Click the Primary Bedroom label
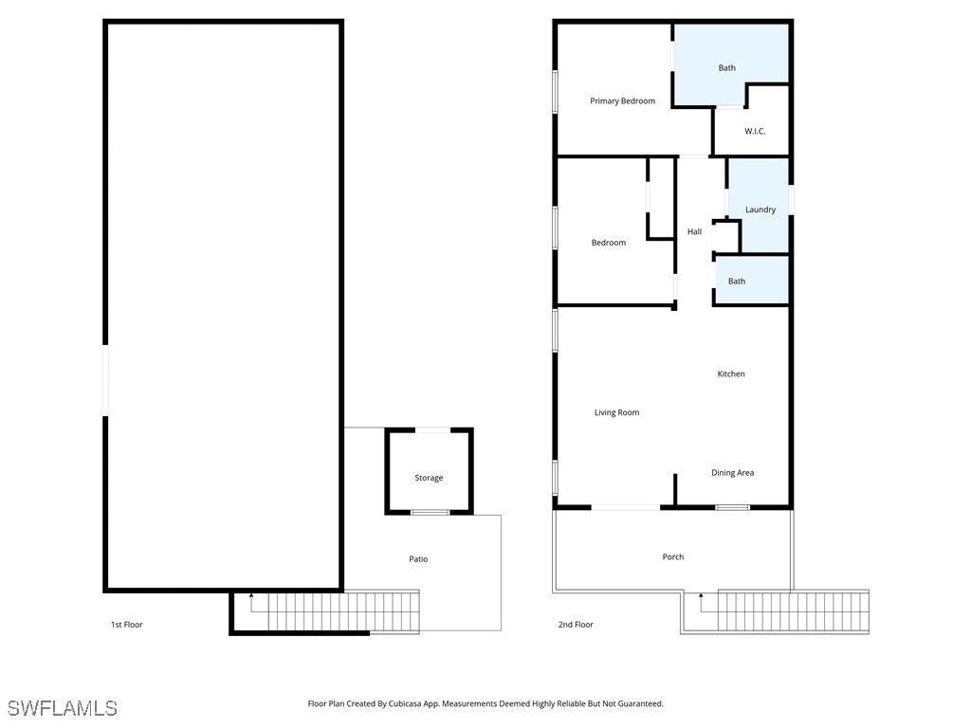coord(622,101)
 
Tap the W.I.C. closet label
coord(755,131)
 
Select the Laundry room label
coord(760,209)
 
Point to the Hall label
coord(694,232)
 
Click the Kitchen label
coord(730,374)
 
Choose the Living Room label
coord(616,412)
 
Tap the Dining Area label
coord(732,473)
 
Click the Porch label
coord(672,557)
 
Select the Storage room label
coord(429,479)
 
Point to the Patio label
coord(418,559)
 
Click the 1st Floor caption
coord(126,625)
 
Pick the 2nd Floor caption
coord(577,625)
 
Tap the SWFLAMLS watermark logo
coord(62,708)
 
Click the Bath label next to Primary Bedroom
coord(726,68)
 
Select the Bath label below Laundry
coord(737,282)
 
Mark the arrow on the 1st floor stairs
coord(251,597)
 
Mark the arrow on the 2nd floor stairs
coord(701,597)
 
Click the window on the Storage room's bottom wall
coord(430,513)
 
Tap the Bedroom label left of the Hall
coord(608,244)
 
